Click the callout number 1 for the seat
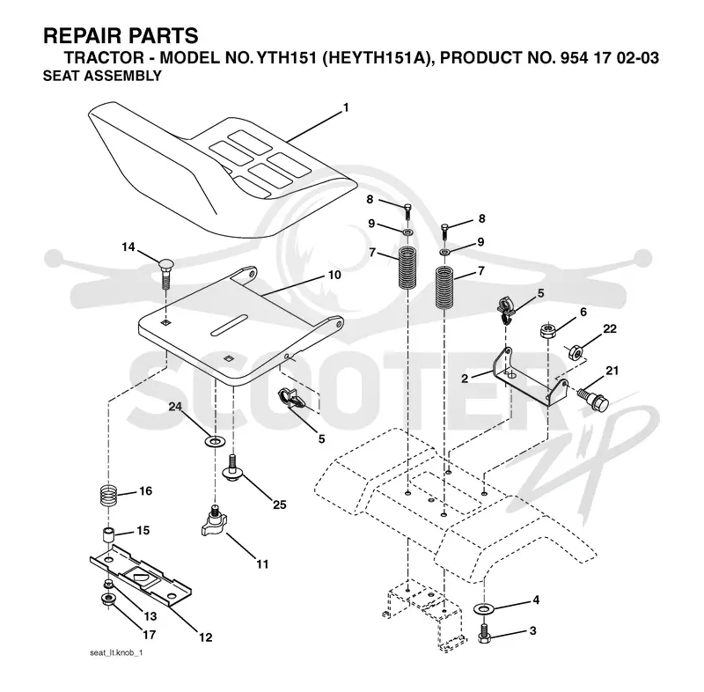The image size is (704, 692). (x=346, y=107)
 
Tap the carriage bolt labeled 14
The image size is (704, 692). (x=165, y=275)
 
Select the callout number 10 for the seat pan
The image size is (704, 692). (x=335, y=275)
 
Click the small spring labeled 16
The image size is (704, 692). (x=107, y=496)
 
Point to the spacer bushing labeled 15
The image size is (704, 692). (x=108, y=535)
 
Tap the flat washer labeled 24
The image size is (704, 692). (x=215, y=441)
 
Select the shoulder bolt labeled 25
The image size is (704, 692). (x=233, y=469)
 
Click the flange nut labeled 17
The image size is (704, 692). (x=108, y=600)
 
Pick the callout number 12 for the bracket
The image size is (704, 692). (x=206, y=637)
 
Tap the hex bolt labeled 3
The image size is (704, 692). (x=484, y=633)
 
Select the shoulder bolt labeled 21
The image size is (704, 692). (x=592, y=399)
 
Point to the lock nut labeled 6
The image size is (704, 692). (x=547, y=331)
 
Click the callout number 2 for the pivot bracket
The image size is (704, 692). (x=465, y=379)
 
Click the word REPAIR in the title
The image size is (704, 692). (x=84, y=36)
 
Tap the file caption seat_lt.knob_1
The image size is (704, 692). (x=116, y=653)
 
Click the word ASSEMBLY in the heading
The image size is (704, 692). (x=122, y=76)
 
